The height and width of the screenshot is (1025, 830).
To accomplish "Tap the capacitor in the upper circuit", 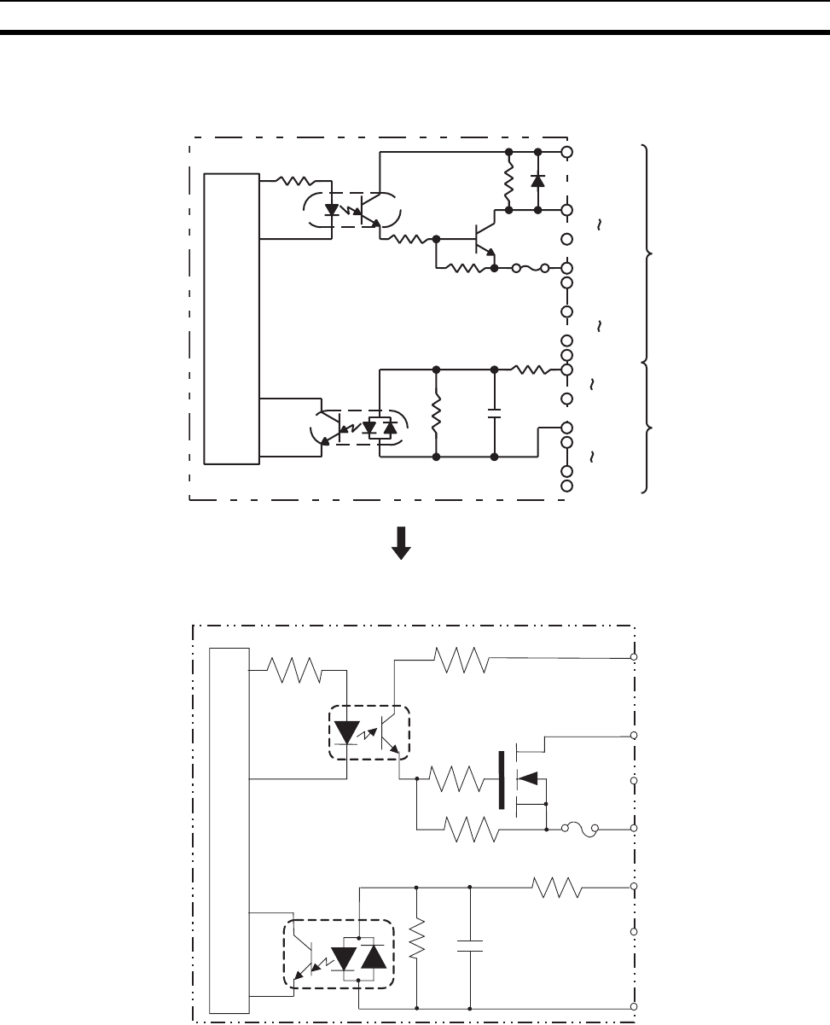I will pyautogui.click(x=494, y=414).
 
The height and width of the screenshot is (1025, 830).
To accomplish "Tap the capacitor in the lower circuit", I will pyautogui.click(x=470, y=945).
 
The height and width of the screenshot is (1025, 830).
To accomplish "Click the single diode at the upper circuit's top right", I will pyautogui.click(x=537, y=181).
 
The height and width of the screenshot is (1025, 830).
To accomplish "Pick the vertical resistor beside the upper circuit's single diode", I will pyautogui.click(x=508, y=181).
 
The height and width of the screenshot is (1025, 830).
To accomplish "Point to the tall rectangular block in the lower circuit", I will pyautogui.click(x=229, y=831).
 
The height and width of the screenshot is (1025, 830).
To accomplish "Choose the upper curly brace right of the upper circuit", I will pyautogui.click(x=648, y=253).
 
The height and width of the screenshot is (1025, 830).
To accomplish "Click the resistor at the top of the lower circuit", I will pyautogui.click(x=461, y=658).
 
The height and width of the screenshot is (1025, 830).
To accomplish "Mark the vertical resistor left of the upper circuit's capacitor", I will pyautogui.click(x=436, y=414).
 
